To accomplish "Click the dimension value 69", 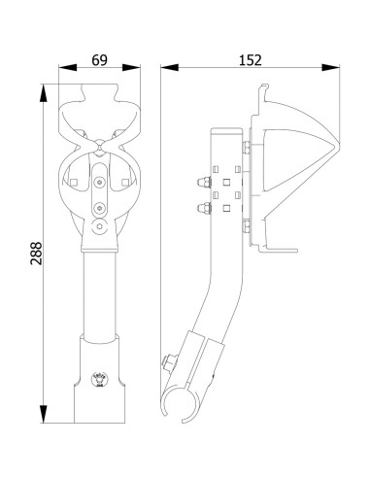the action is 99,60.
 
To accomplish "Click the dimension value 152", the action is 251,60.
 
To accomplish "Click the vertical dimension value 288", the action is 36,254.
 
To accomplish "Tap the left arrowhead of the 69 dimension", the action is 68,67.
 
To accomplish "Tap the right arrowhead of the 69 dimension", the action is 131,67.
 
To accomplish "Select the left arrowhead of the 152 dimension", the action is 170,67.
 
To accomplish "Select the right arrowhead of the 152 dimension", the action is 330,67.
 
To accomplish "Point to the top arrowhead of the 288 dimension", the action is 43,93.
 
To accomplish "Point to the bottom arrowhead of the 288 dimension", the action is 43,414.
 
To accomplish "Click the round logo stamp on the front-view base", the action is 99,379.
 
